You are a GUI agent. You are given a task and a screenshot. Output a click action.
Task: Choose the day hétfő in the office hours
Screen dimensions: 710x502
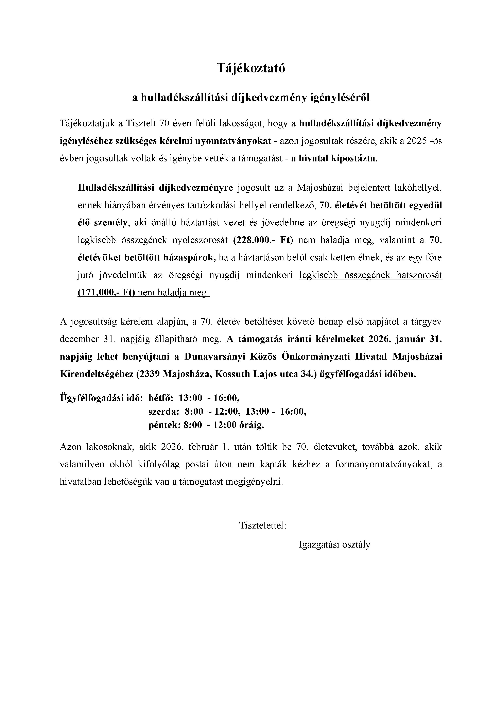[x=160, y=398]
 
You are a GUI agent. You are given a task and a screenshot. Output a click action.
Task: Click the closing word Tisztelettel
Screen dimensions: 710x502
[x=262, y=526]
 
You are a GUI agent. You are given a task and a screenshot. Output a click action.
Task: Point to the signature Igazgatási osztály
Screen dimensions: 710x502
[x=334, y=544]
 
